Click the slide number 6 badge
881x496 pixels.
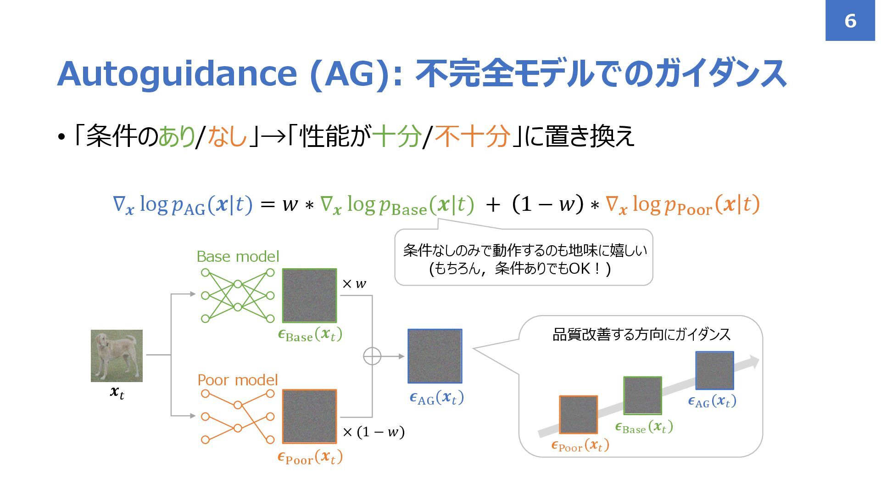(x=850, y=21)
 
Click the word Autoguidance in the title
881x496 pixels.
(x=177, y=73)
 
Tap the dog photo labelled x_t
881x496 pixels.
(x=117, y=355)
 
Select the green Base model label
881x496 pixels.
(x=238, y=256)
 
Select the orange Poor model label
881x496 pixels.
(x=238, y=380)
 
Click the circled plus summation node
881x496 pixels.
(x=372, y=356)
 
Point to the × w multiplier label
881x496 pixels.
(x=354, y=284)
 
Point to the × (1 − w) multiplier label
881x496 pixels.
(x=374, y=432)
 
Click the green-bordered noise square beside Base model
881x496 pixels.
(x=309, y=295)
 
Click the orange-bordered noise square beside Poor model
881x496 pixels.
(x=309, y=417)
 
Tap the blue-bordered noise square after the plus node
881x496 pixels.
(x=435, y=356)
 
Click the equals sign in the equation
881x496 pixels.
(x=268, y=205)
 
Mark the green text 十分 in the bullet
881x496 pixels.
(x=397, y=136)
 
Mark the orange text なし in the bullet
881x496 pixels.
(x=227, y=136)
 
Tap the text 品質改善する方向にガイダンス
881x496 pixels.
(x=641, y=334)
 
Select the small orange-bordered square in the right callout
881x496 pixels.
(x=578, y=415)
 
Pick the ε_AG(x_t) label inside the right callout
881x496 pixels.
(x=712, y=401)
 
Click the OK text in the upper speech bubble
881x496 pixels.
(x=579, y=268)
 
